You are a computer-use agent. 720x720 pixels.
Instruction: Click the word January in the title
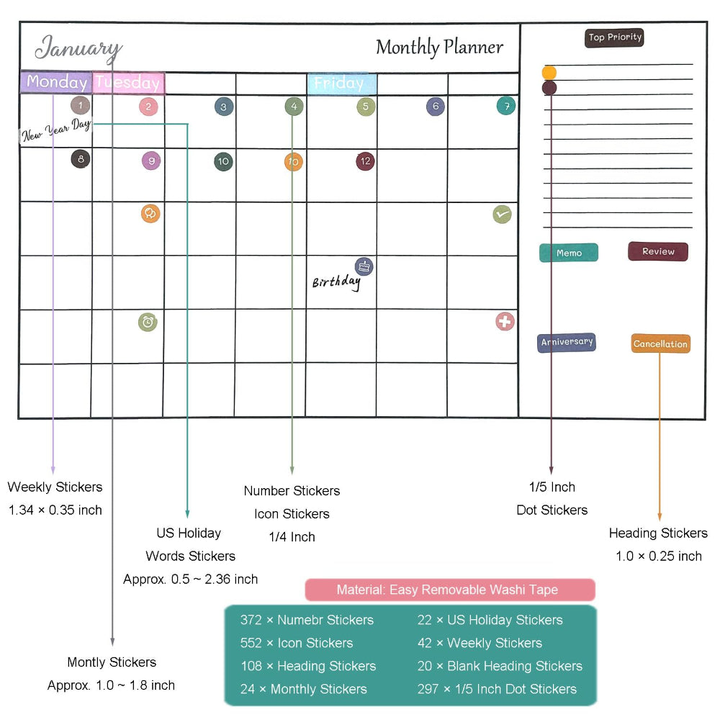(78, 49)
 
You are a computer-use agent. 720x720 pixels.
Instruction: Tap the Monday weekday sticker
(56, 82)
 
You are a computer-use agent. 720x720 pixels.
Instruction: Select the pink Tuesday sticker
(128, 83)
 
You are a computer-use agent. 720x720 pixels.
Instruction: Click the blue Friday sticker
(341, 84)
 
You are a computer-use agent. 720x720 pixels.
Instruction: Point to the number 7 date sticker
(506, 106)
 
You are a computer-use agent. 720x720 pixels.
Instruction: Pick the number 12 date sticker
(365, 161)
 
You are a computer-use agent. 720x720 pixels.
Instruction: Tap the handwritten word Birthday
(336, 282)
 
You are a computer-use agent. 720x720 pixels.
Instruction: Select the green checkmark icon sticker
(502, 214)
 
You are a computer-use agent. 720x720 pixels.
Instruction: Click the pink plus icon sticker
(505, 321)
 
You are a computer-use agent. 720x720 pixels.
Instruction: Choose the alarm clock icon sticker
(148, 322)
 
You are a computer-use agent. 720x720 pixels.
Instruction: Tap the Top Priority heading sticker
(614, 37)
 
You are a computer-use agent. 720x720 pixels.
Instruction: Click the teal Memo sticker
(569, 253)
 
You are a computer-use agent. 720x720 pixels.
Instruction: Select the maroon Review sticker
(657, 251)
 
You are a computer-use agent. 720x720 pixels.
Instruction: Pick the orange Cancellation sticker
(660, 344)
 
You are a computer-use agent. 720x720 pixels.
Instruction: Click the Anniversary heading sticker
(567, 342)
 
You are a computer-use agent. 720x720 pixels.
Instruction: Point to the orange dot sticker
(549, 73)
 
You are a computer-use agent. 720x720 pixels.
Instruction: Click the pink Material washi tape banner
(450, 590)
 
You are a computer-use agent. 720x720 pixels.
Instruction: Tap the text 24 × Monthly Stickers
(303, 689)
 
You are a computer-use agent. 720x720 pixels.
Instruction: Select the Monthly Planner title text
(439, 48)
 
